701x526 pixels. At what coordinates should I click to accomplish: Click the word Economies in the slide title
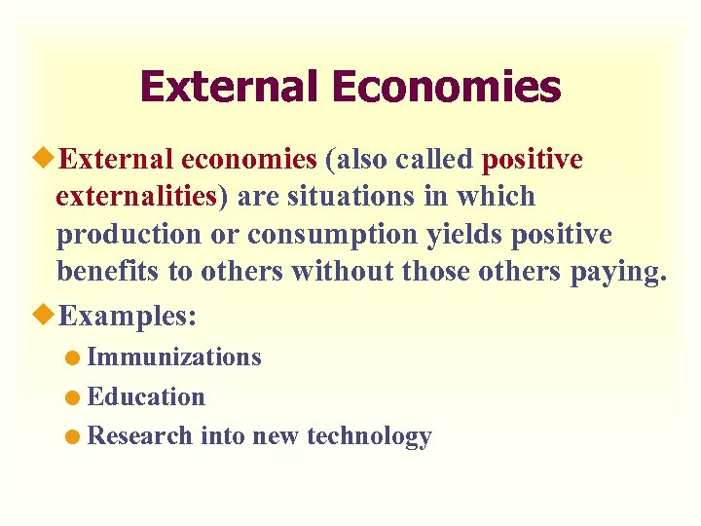pos(446,87)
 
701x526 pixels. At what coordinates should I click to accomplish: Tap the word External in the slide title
pos(230,87)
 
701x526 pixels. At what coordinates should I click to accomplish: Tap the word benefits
pos(108,272)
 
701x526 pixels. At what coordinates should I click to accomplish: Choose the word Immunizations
pos(174,357)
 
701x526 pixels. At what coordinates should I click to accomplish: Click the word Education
pos(146,397)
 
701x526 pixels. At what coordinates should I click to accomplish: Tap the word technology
pos(369,436)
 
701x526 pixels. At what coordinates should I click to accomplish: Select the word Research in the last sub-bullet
pos(140,436)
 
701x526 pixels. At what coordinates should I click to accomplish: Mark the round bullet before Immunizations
pos(75,358)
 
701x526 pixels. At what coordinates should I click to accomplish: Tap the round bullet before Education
pos(75,398)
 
